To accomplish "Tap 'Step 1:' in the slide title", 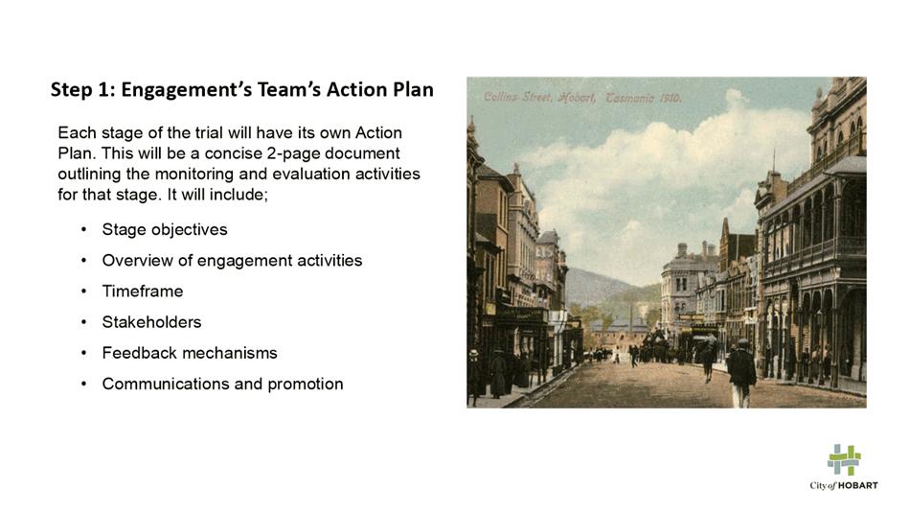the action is pyautogui.click(x=82, y=89).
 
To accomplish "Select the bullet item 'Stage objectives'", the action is pyautogui.click(x=165, y=229).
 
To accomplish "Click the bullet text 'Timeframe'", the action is pyautogui.click(x=143, y=291).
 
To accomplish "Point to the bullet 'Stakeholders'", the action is pyautogui.click(x=151, y=322).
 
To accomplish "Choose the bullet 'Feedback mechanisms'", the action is pyautogui.click(x=190, y=353).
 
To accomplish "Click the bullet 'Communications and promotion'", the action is pyautogui.click(x=223, y=384).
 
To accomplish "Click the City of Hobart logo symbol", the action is pyautogui.click(x=844, y=459).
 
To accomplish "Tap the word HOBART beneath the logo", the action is pyautogui.click(x=858, y=486).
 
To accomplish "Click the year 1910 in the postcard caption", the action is pyautogui.click(x=670, y=98).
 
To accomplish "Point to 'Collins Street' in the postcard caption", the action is pyautogui.click(x=517, y=97).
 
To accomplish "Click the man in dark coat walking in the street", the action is pyautogui.click(x=741, y=372).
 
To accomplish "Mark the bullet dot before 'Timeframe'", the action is pyautogui.click(x=84, y=291).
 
